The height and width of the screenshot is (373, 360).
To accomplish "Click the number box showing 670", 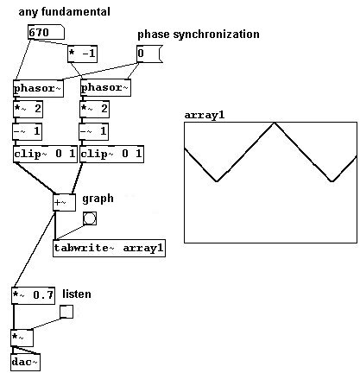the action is click(x=46, y=32).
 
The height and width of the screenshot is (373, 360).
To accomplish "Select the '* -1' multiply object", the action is click(x=82, y=54).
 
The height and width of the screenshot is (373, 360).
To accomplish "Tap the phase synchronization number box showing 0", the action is click(x=149, y=54).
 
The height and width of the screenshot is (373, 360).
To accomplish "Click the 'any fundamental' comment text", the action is click(x=64, y=12).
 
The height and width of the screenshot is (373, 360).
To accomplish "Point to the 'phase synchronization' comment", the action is click(x=199, y=35).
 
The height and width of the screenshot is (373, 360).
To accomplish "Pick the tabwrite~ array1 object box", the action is click(x=109, y=248).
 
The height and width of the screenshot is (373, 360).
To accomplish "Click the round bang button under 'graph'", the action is click(x=90, y=218).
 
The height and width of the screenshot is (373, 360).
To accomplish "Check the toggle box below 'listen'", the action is click(x=66, y=312).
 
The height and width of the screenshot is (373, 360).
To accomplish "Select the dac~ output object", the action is click(x=25, y=362).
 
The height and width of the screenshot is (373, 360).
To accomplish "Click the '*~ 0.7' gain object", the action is click(x=33, y=295).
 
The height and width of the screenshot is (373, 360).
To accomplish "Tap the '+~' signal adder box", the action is click(x=64, y=202).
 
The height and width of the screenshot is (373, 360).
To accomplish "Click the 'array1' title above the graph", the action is click(x=205, y=115).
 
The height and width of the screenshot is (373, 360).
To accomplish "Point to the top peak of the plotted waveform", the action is click(x=275, y=123).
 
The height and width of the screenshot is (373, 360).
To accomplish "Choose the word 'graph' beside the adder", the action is click(x=98, y=199).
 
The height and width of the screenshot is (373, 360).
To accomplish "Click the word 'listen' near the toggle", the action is click(x=77, y=294).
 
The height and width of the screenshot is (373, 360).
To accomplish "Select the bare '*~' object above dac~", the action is click(x=22, y=338).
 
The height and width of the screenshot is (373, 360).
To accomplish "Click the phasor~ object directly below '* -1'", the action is click(x=105, y=87).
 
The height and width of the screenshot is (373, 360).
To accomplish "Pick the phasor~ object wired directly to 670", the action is click(x=38, y=88).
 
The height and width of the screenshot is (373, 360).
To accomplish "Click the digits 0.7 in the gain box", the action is click(x=43, y=295).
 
